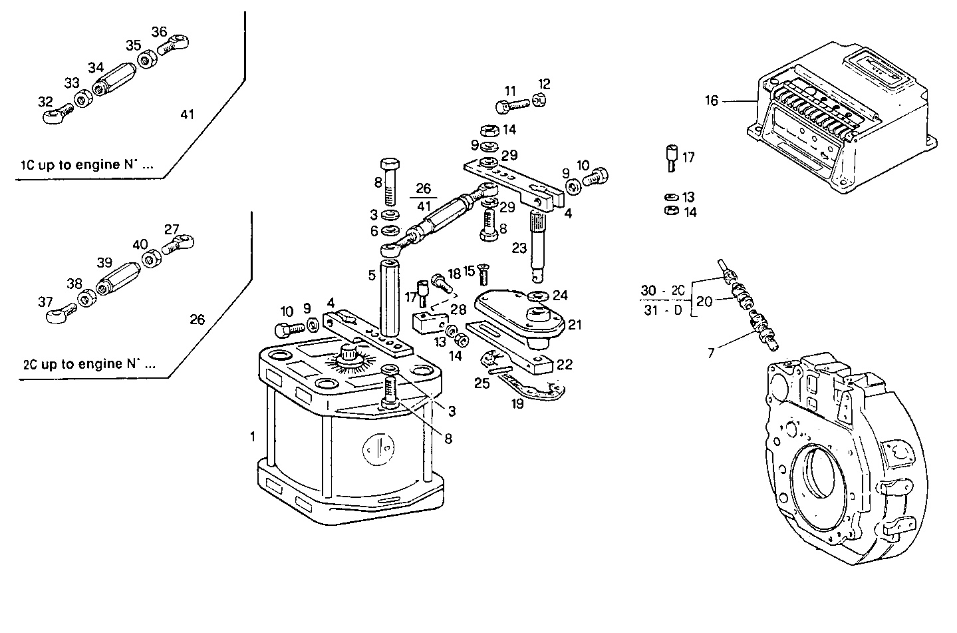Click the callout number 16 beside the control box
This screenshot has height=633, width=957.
click(x=712, y=101)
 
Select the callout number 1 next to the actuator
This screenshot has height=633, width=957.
click(x=253, y=437)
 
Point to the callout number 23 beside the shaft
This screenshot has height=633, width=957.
click(x=519, y=248)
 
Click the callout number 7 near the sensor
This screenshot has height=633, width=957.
click(x=711, y=353)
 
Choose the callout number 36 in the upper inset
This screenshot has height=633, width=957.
click(x=159, y=32)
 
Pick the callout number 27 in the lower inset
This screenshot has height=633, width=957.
click(x=172, y=230)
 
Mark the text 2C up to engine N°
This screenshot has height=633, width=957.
click(x=89, y=365)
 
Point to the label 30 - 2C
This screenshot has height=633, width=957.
click(x=662, y=291)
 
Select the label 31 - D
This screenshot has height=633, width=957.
click(x=662, y=311)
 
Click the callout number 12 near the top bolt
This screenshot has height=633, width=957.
click(x=544, y=84)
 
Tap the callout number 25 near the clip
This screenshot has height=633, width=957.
click(x=481, y=383)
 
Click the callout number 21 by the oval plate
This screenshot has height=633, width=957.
click(x=575, y=325)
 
